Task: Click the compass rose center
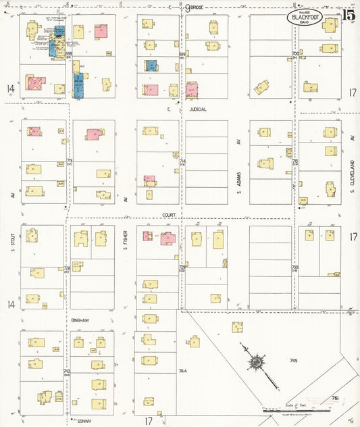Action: [x=257, y=363]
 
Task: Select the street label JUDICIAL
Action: [x=198, y=108]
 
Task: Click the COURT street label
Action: [x=169, y=215]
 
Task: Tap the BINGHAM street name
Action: [x=80, y=318]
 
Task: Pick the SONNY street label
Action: [x=84, y=420]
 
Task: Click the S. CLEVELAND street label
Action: [x=353, y=173]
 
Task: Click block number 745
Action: [x=294, y=361]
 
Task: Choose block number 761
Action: [x=336, y=399]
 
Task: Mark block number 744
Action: [x=182, y=371]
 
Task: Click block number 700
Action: [x=295, y=53]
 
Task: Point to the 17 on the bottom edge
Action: [x=148, y=421]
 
